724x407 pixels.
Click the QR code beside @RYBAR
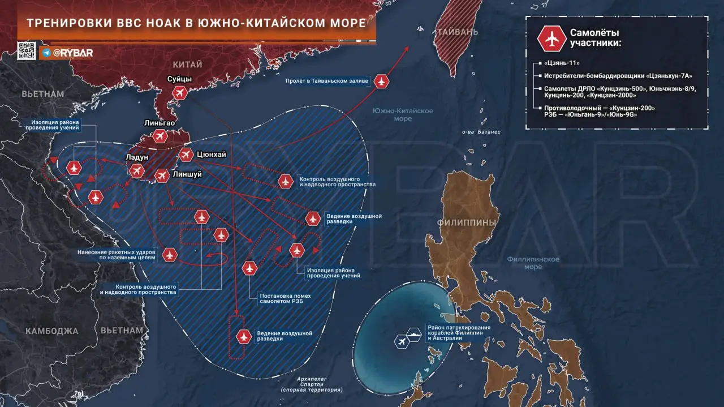[x=27, y=51]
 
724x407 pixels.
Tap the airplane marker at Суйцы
[x=180, y=93]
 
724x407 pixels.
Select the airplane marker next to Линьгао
[x=160, y=136]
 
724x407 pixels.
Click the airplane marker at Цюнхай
[x=186, y=154]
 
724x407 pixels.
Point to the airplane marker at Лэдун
[x=137, y=171]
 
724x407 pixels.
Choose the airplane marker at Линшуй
[x=162, y=177]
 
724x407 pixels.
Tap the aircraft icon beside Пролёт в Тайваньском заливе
[x=382, y=82]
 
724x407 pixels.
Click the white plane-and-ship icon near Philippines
[x=408, y=340]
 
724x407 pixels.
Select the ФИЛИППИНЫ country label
[x=467, y=222]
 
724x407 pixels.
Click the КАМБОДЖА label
[x=51, y=331]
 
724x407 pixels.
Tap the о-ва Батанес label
[x=481, y=132]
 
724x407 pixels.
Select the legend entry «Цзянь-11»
[x=562, y=62]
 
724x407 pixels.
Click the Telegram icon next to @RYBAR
[x=46, y=53]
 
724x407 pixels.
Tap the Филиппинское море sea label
[x=533, y=263]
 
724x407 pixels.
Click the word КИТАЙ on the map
[x=187, y=65]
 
